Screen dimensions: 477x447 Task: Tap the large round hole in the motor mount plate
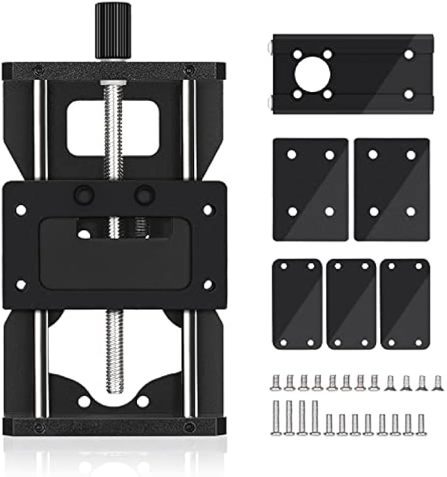coord(312,74)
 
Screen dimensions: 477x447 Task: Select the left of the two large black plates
coord(310,189)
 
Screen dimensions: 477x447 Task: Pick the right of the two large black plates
coord(392,189)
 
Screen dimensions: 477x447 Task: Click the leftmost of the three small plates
coord(297,303)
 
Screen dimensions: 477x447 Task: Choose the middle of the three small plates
coord(351,303)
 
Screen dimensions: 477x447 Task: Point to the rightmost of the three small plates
coord(405,303)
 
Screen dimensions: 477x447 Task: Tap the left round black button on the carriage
coord(84,195)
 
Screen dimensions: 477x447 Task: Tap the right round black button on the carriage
coord(144,195)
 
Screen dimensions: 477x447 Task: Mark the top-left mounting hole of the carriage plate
coord(21,210)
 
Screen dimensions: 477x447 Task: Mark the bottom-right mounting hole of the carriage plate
coord(208,285)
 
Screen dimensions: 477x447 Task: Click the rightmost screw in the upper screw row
coord(436,382)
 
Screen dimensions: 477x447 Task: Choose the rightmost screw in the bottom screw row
coord(421,424)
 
